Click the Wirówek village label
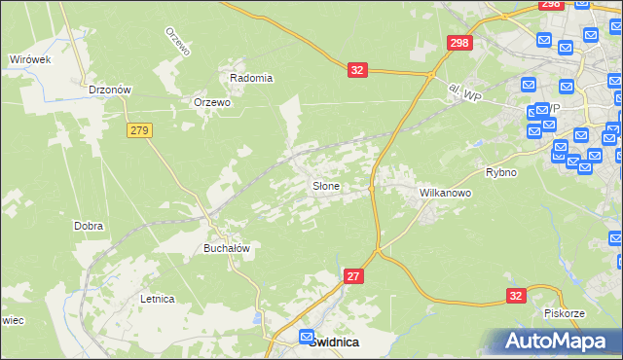(x=29, y=59)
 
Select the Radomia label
(x=251, y=78)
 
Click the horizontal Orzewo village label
(x=212, y=102)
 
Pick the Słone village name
(x=325, y=185)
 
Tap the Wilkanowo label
(x=445, y=193)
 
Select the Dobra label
(x=89, y=226)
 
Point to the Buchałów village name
(x=227, y=248)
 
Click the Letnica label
(x=157, y=299)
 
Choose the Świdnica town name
(x=334, y=342)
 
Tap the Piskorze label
(x=564, y=314)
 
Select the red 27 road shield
(x=354, y=277)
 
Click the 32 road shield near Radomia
(x=357, y=69)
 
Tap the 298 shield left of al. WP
(x=459, y=43)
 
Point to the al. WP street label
(x=466, y=92)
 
